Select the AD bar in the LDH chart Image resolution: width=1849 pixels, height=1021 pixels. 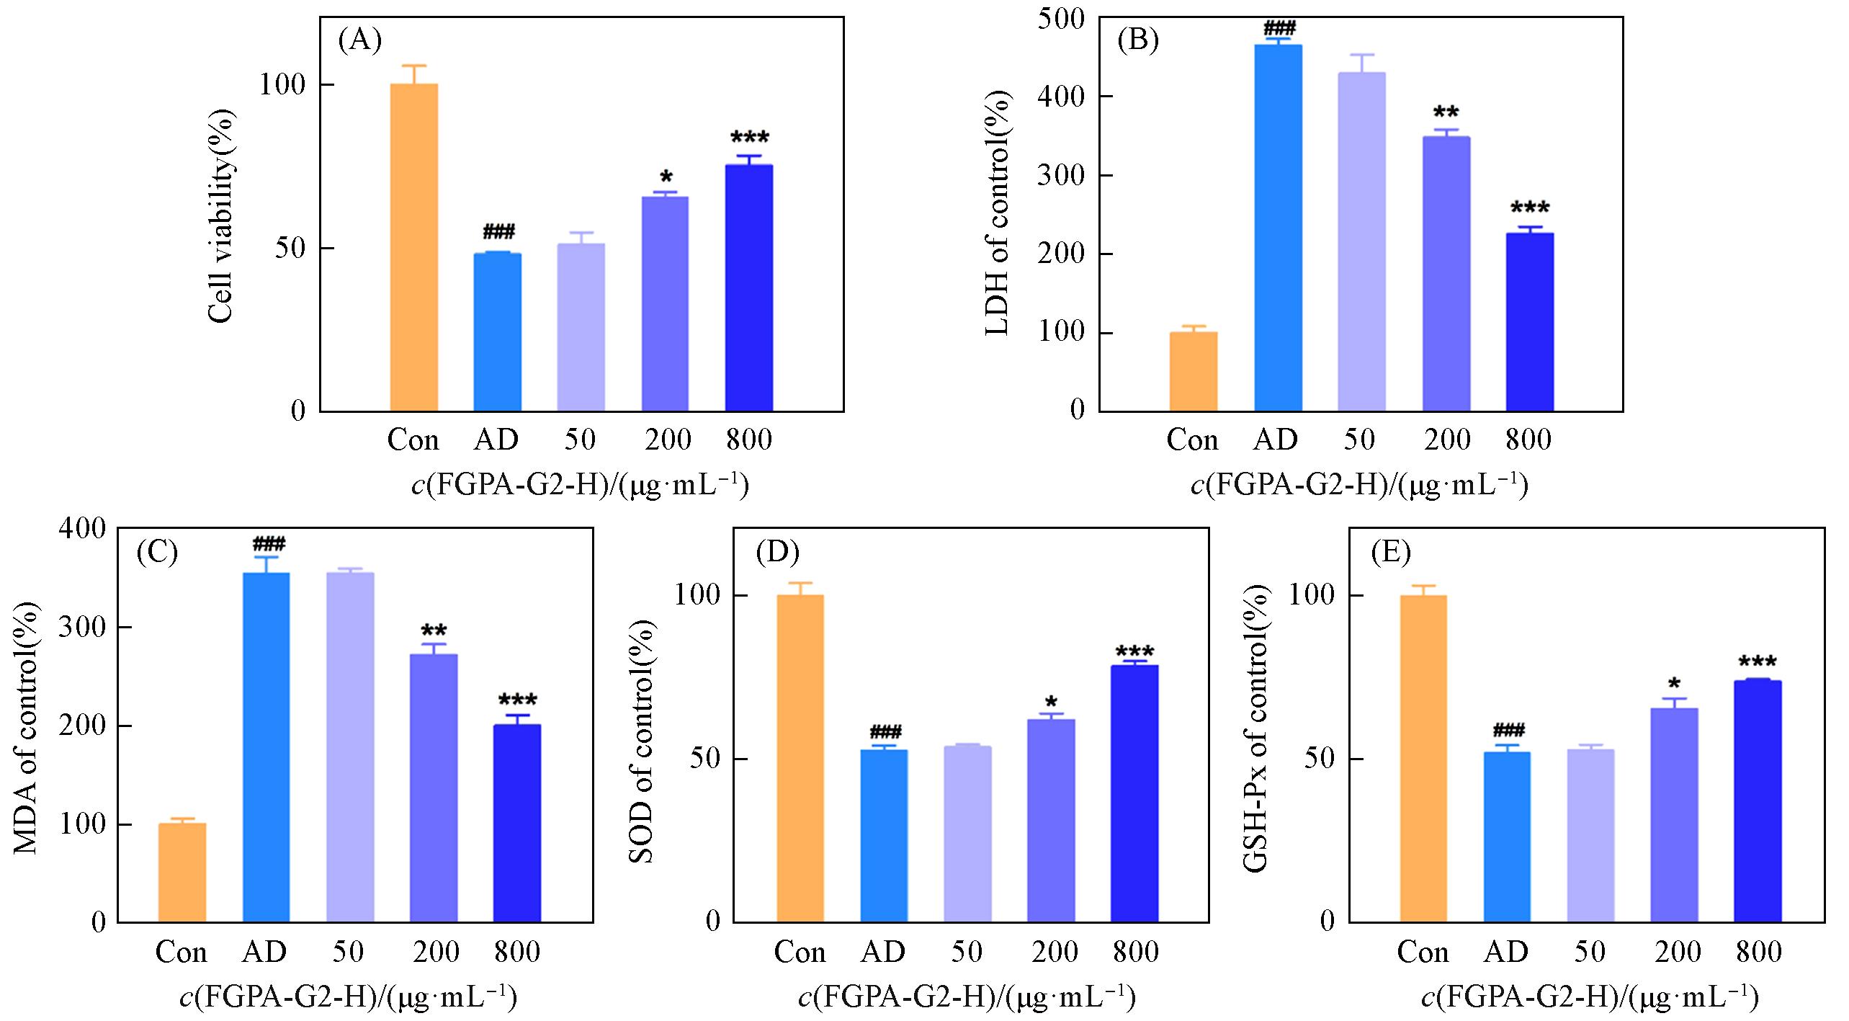1278,228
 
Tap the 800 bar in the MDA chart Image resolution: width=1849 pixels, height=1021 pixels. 516,823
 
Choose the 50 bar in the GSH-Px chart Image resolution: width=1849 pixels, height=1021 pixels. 1590,835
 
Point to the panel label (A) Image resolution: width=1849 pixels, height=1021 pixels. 359,41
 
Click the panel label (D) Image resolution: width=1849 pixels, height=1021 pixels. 777,552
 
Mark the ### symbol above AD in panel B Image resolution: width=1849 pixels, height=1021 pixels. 1279,29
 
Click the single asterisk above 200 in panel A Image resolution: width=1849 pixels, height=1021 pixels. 666,177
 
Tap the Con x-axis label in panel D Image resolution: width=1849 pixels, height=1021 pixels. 800,953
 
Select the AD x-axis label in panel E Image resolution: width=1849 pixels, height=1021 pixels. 1506,953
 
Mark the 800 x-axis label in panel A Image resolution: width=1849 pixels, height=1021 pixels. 749,440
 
